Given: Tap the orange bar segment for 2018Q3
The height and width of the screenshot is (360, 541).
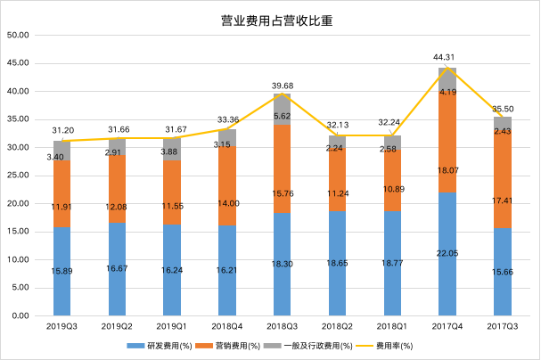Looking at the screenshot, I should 281,168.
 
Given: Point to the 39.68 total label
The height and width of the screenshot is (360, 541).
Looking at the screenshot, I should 281,85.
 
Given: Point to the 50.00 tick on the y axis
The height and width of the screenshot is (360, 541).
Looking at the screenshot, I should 19,36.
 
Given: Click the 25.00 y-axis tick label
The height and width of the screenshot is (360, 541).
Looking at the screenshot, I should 19,176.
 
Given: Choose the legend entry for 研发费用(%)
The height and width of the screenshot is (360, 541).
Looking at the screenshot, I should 160,346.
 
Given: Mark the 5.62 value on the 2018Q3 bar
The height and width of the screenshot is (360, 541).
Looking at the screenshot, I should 281,116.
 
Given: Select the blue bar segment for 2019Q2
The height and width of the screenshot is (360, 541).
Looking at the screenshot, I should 117,269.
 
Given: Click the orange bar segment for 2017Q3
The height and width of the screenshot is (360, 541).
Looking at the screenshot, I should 502,178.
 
